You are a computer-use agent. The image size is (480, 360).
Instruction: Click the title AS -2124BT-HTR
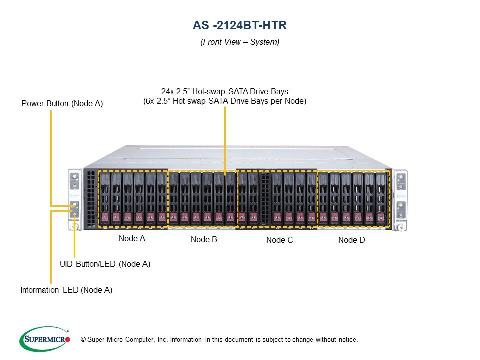click(x=239, y=25)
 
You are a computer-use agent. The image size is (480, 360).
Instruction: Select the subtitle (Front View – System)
click(x=240, y=42)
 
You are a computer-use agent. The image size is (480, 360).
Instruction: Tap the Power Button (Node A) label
click(x=62, y=104)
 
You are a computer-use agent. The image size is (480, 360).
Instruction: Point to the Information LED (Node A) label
click(x=66, y=290)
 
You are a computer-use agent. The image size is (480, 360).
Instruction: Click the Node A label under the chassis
click(x=132, y=239)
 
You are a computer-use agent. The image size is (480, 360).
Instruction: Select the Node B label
click(x=204, y=240)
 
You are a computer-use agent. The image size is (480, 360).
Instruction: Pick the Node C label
click(x=279, y=240)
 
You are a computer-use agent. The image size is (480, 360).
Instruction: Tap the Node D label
click(x=351, y=240)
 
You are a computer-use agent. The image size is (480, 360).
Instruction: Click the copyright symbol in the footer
click(x=83, y=340)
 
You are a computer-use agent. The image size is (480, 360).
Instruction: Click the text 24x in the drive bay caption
click(x=167, y=92)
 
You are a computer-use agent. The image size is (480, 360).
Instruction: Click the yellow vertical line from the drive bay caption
click(x=225, y=140)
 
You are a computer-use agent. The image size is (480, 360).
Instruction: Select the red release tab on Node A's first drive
click(x=105, y=217)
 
